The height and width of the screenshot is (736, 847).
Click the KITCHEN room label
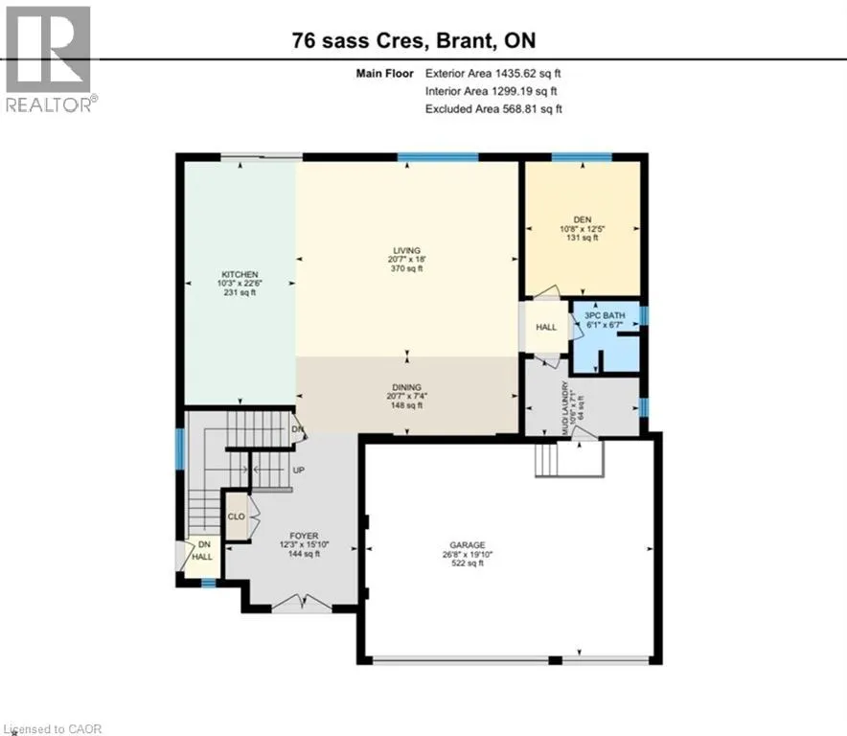click(240, 274)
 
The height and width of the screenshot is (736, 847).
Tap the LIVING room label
click(407, 250)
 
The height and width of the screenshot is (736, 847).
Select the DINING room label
click(407, 387)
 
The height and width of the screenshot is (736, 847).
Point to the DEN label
click(583, 219)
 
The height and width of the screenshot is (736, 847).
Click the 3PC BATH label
click(605, 315)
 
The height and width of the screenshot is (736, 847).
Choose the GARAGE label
click(468, 545)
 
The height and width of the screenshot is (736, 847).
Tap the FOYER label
click(304, 536)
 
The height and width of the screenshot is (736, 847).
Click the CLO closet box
click(237, 517)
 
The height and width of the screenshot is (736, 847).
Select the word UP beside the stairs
click(299, 471)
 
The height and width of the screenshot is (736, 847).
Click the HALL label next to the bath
click(546, 327)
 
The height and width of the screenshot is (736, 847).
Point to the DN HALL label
click(203, 551)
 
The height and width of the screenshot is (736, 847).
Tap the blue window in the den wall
click(582, 157)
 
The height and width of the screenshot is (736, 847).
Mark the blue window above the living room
click(438, 157)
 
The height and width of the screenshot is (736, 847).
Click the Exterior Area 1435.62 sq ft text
click(493, 74)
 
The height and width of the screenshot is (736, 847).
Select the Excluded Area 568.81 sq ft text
click(493, 109)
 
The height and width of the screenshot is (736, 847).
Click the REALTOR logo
click(49, 59)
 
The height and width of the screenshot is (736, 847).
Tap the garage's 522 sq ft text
click(468, 563)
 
